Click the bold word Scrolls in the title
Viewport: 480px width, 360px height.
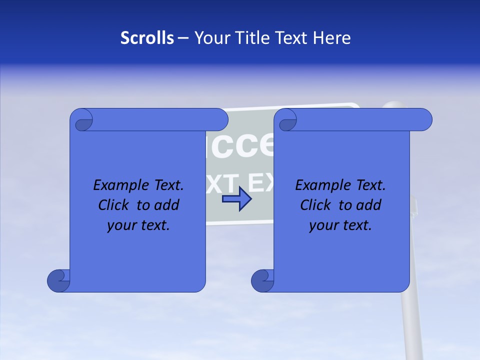click(x=147, y=38)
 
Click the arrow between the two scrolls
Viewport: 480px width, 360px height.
click(x=237, y=199)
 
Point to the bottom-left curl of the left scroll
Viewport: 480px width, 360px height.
click(x=58, y=280)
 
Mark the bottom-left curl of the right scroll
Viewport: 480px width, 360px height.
click(x=262, y=280)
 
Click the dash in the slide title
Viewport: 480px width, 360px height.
click(x=183, y=38)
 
